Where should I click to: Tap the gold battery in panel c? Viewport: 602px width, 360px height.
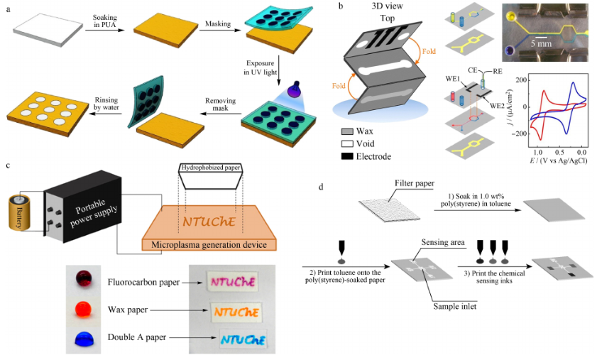[x=22, y=211]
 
